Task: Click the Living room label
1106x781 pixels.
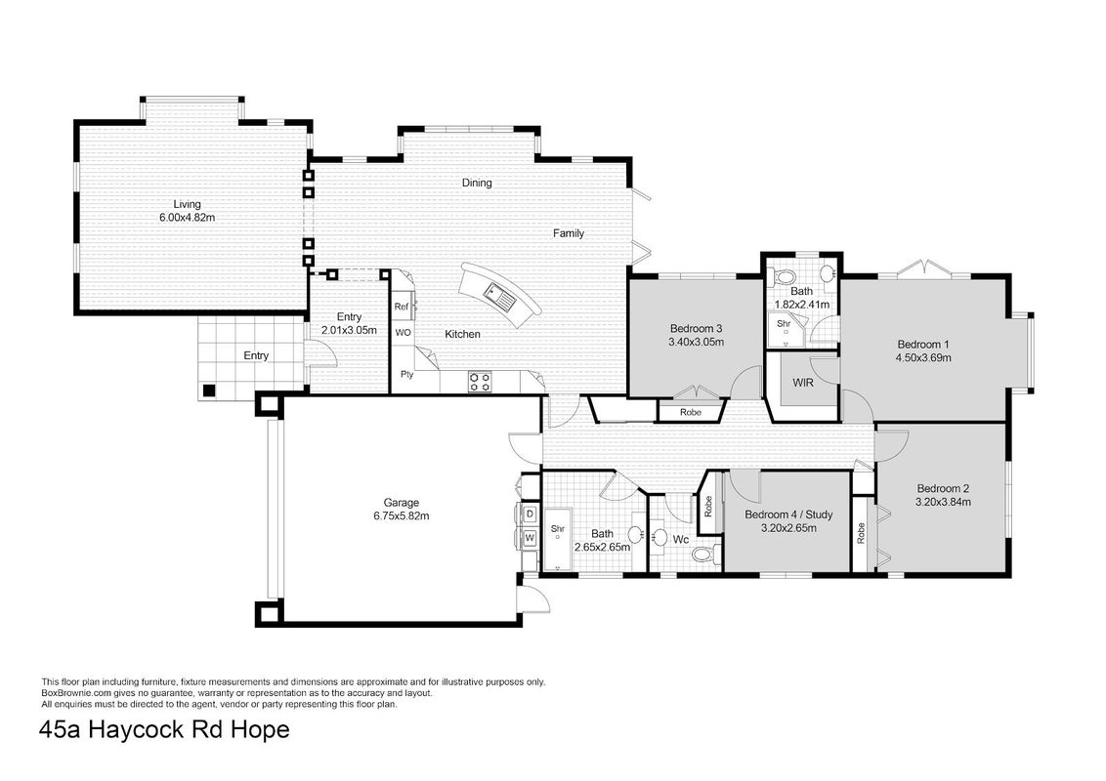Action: pyautogui.click(x=187, y=204)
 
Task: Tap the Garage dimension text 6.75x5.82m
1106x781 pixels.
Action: pyautogui.click(x=402, y=515)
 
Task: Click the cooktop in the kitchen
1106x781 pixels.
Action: pyautogui.click(x=481, y=383)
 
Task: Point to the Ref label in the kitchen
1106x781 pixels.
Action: pyautogui.click(x=401, y=307)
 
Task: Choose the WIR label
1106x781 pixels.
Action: pyautogui.click(x=803, y=383)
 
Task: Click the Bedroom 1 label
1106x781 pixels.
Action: pyautogui.click(x=923, y=345)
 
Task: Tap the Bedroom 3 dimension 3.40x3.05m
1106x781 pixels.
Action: pyautogui.click(x=697, y=342)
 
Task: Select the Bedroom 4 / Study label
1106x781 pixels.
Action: pyautogui.click(x=788, y=514)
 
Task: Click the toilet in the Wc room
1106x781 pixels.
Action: pyautogui.click(x=704, y=554)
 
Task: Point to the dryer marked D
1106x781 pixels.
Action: pyautogui.click(x=530, y=514)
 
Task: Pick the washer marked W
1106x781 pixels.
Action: pyautogui.click(x=530, y=539)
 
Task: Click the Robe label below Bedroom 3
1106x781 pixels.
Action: pyautogui.click(x=691, y=412)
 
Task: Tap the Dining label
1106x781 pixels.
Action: pyautogui.click(x=477, y=183)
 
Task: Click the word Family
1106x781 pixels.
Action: pyautogui.click(x=569, y=233)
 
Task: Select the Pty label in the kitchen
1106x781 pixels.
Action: pyautogui.click(x=406, y=374)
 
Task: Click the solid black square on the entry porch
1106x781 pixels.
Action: pyautogui.click(x=209, y=390)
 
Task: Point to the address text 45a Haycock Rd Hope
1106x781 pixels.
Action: pyautogui.click(x=165, y=729)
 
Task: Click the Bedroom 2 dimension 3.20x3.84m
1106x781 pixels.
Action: pyautogui.click(x=943, y=502)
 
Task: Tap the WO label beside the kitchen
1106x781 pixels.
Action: pyautogui.click(x=403, y=332)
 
